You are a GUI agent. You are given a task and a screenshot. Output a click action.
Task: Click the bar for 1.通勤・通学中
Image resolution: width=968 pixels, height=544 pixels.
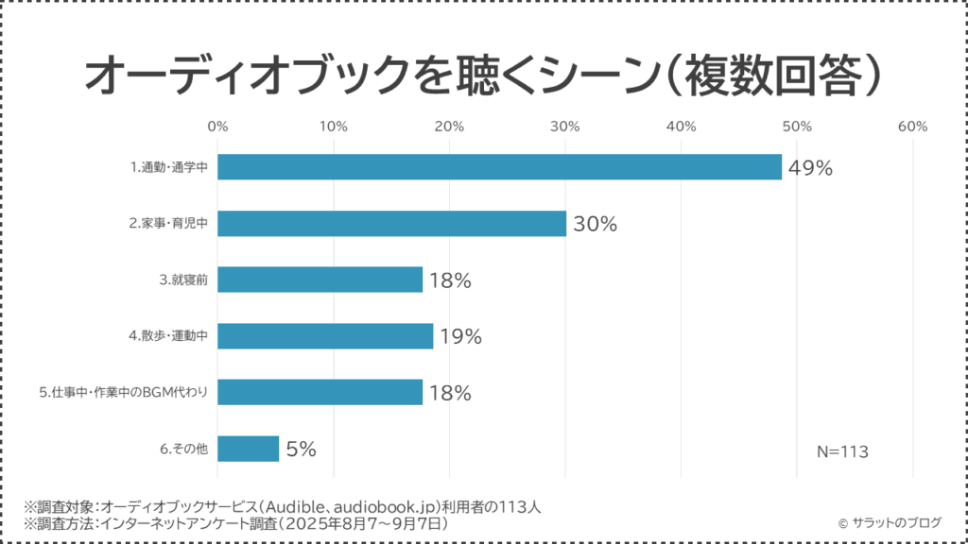[499, 167]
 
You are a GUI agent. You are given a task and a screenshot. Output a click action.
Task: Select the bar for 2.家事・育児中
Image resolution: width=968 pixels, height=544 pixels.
[391, 224]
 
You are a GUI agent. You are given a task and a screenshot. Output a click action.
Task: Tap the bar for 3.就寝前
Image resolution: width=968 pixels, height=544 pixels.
[320, 280]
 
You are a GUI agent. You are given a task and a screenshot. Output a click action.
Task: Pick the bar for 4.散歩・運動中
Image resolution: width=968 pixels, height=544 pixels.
[325, 336]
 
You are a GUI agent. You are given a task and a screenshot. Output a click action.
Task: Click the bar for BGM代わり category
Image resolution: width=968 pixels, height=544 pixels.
[320, 392]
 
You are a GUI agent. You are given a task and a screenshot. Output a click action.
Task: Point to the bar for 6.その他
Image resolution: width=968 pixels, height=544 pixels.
[248, 449]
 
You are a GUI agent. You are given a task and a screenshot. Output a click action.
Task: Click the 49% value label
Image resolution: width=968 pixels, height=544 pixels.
[810, 169]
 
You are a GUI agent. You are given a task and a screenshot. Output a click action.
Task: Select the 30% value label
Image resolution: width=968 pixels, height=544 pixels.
[595, 225]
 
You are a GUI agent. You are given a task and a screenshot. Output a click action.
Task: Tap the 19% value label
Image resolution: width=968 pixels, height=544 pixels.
[460, 337]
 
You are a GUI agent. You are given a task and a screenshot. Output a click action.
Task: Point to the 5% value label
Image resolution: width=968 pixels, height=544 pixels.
[301, 450]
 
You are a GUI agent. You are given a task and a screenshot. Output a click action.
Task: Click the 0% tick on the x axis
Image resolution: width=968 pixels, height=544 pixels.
[217, 127]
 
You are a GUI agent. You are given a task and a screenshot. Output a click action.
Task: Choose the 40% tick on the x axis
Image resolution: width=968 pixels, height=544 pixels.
[681, 127]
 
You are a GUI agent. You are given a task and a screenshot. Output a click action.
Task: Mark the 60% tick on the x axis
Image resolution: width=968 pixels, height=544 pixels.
[912, 127]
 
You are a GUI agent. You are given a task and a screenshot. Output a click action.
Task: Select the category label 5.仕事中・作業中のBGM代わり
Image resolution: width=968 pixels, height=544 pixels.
[124, 393]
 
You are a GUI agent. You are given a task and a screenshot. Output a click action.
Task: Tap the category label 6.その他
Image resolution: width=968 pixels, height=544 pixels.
[186, 449]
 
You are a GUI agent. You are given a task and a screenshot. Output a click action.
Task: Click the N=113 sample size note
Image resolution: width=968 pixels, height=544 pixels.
[842, 451]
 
